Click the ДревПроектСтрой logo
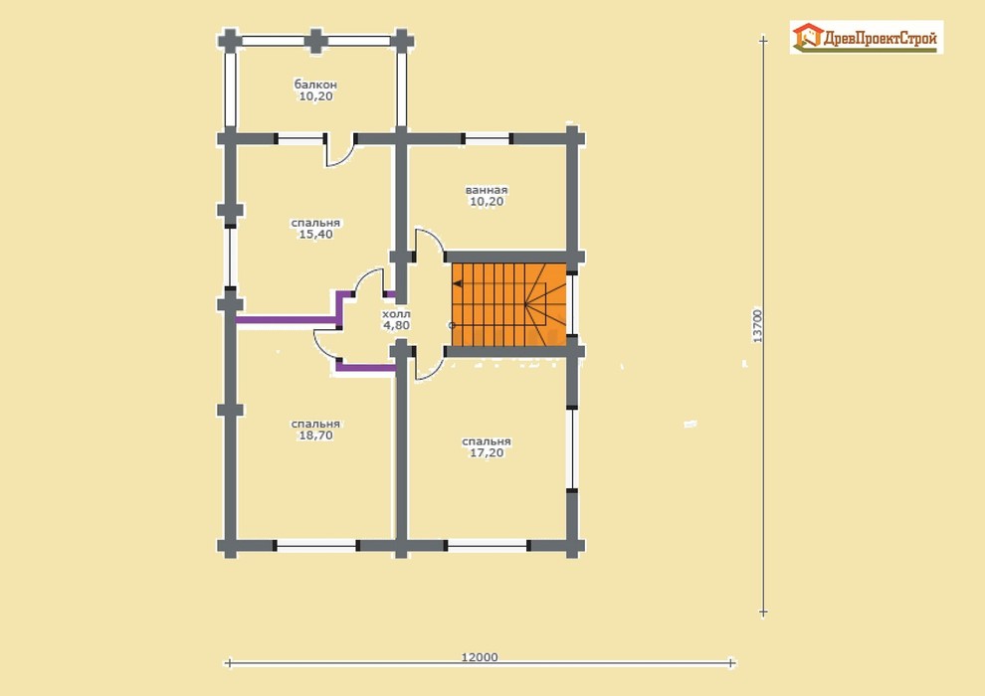coord(867,37)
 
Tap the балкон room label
coord(315,85)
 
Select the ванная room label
coord(487,190)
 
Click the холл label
coord(396,314)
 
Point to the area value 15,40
coord(316,234)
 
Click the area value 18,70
coord(315,435)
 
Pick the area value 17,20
coord(487,452)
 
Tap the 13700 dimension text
coord(757,325)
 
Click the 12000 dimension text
coord(480,657)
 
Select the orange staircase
coord(508,304)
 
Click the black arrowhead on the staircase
coord(458,283)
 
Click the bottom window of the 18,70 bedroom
coord(316,547)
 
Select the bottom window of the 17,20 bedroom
coord(488,546)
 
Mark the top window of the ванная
coord(487,138)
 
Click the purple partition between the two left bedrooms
coord(286,320)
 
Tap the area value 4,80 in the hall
coord(396,325)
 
